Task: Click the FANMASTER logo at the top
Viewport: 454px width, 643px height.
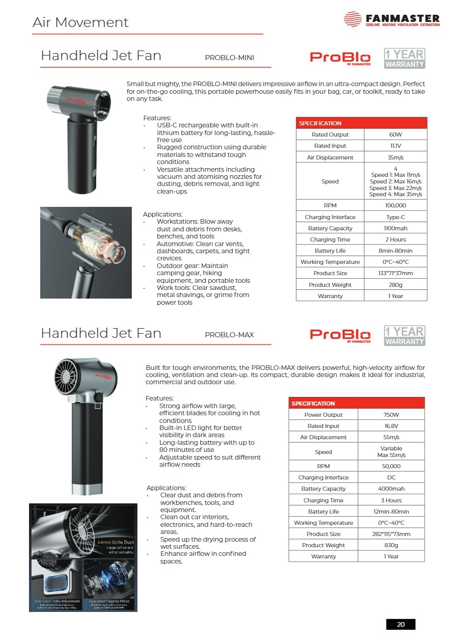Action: (391, 20)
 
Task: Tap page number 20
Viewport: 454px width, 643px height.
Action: (401, 624)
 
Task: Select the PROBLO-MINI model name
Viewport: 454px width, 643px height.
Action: (229, 58)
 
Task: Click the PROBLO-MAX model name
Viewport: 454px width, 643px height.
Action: (229, 335)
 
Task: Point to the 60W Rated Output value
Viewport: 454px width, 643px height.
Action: (395, 135)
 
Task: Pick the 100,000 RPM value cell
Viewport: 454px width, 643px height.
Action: (395, 205)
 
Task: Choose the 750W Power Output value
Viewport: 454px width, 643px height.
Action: (391, 415)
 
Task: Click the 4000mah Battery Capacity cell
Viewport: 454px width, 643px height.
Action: (391, 489)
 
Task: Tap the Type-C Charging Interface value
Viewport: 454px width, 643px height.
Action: (395, 217)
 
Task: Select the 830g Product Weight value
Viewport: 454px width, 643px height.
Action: (391, 545)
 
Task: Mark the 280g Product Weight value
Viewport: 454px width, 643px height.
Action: (395, 285)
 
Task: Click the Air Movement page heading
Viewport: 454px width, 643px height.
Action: (80, 22)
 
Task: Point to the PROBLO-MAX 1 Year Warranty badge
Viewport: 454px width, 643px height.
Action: (404, 336)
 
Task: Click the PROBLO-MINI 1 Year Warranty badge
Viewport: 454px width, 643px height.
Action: (404, 58)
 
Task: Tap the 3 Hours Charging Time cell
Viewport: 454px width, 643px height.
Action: (391, 500)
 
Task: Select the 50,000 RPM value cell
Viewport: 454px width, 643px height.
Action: (391, 466)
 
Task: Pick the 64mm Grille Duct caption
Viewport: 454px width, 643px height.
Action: (116, 542)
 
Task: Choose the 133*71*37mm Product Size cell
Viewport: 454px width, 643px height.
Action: (395, 273)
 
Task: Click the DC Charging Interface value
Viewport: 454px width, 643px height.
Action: (391, 477)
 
